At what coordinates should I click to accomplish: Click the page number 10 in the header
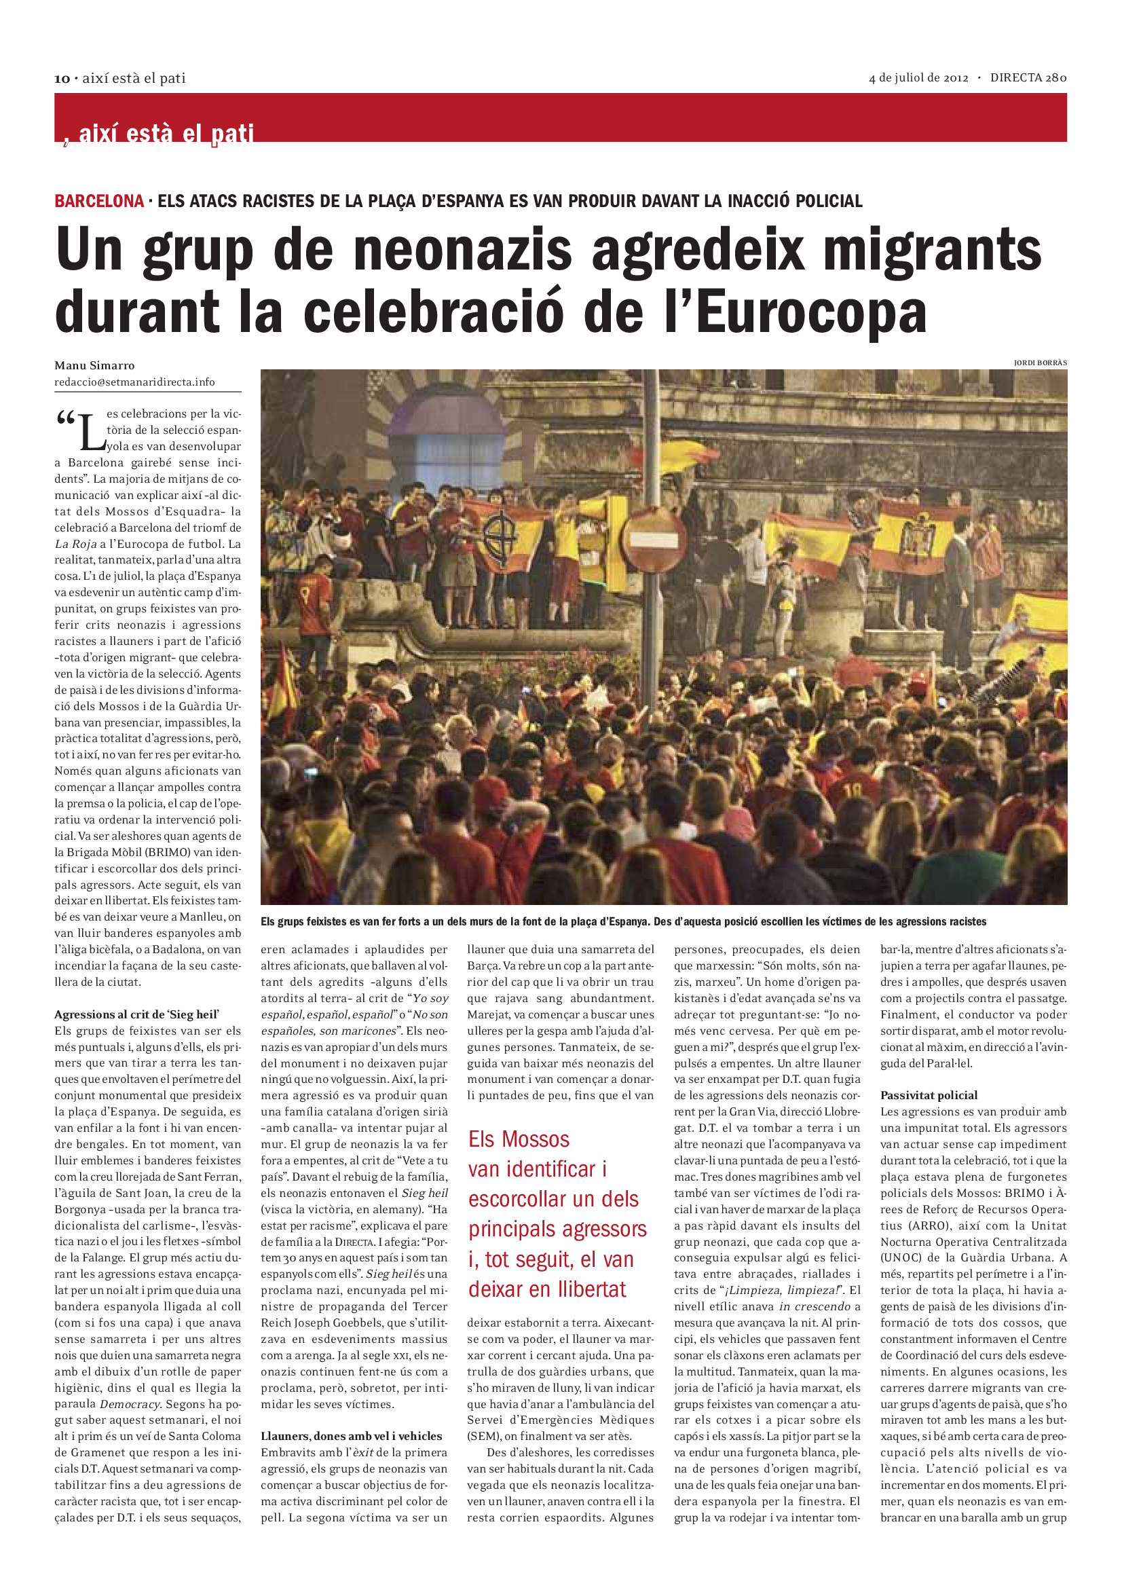(62, 79)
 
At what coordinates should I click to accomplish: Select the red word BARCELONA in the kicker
(99, 201)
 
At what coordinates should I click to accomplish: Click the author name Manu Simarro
(95, 365)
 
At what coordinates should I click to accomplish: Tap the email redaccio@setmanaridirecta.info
(135, 382)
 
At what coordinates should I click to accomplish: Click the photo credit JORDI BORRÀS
(1040, 363)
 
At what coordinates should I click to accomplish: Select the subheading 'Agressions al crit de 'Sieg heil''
(137, 1014)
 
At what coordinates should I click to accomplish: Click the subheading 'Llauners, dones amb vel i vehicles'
(351, 1436)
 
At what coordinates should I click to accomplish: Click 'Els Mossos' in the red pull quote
(519, 1139)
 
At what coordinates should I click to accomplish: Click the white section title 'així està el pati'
(166, 132)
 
